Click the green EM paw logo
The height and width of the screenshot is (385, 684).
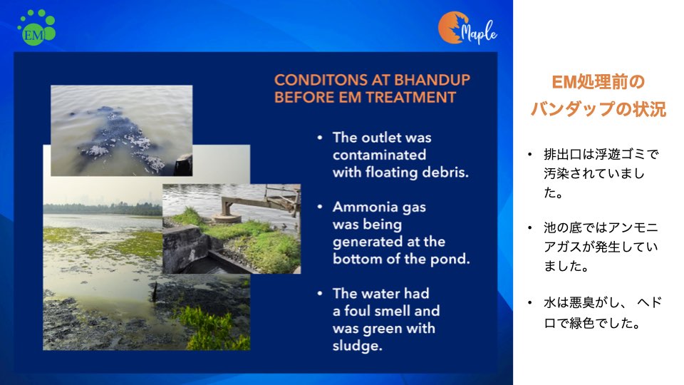[x=36, y=28]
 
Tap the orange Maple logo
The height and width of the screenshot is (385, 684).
[x=467, y=28]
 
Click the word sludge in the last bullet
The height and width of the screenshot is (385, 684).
[x=356, y=346]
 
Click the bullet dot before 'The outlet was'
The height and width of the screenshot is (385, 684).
[x=320, y=138]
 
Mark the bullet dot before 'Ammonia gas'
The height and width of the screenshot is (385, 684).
[x=320, y=207]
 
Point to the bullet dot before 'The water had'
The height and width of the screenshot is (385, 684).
[x=320, y=293]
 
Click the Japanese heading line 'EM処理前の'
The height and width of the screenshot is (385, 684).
[x=598, y=82]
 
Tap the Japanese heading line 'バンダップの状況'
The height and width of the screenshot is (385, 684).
[x=598, y=109]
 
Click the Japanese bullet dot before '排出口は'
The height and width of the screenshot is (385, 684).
[x=529, y=154]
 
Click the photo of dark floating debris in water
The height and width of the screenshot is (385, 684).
[x=121, y=130]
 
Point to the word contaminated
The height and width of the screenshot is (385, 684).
[x=379, y=155]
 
